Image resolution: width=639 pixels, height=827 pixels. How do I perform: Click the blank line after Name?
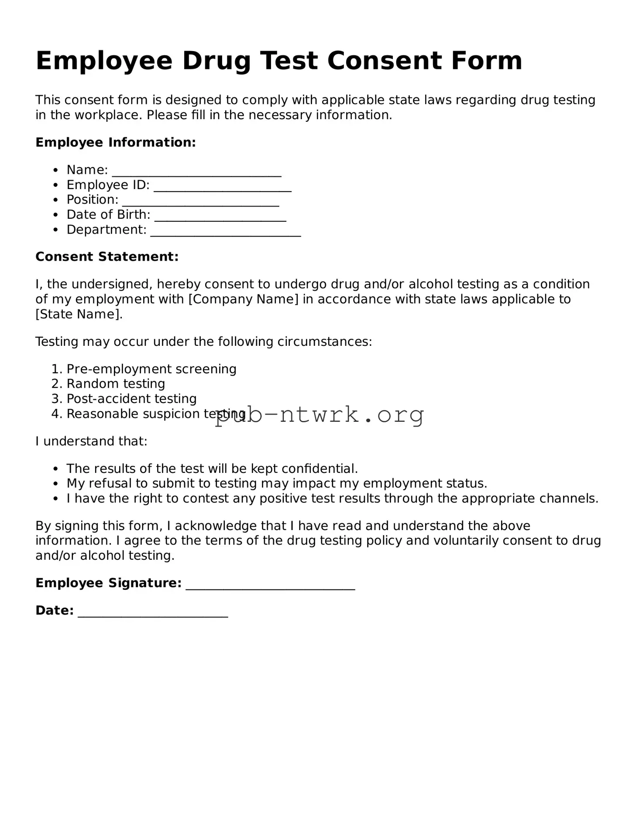coord(196,171)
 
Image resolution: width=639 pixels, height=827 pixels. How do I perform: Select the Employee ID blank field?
coord(223,186)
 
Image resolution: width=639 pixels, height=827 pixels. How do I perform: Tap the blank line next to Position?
coord(200,201)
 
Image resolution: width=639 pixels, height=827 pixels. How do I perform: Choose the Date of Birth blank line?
coord(220,216)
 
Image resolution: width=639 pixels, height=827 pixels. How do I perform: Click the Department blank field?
coord(226,231)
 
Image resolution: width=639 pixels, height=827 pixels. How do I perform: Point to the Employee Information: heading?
coord(116,142)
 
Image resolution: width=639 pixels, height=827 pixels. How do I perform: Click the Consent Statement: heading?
coord(107,257)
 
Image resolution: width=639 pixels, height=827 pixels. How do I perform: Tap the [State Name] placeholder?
coord(79,314)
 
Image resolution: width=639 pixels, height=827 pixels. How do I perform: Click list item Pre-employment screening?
coord(151,369)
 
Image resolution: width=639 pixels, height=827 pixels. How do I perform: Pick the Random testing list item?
coord(116,384)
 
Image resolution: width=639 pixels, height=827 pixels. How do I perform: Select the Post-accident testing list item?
coord(131,399)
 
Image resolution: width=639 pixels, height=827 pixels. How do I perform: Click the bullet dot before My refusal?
coord(55,484)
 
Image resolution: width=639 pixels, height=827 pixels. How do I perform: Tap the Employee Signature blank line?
coord(270,584)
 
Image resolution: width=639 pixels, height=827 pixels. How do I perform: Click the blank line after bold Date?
coord(153,611)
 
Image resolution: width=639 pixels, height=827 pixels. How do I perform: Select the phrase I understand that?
coord(91,441)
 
